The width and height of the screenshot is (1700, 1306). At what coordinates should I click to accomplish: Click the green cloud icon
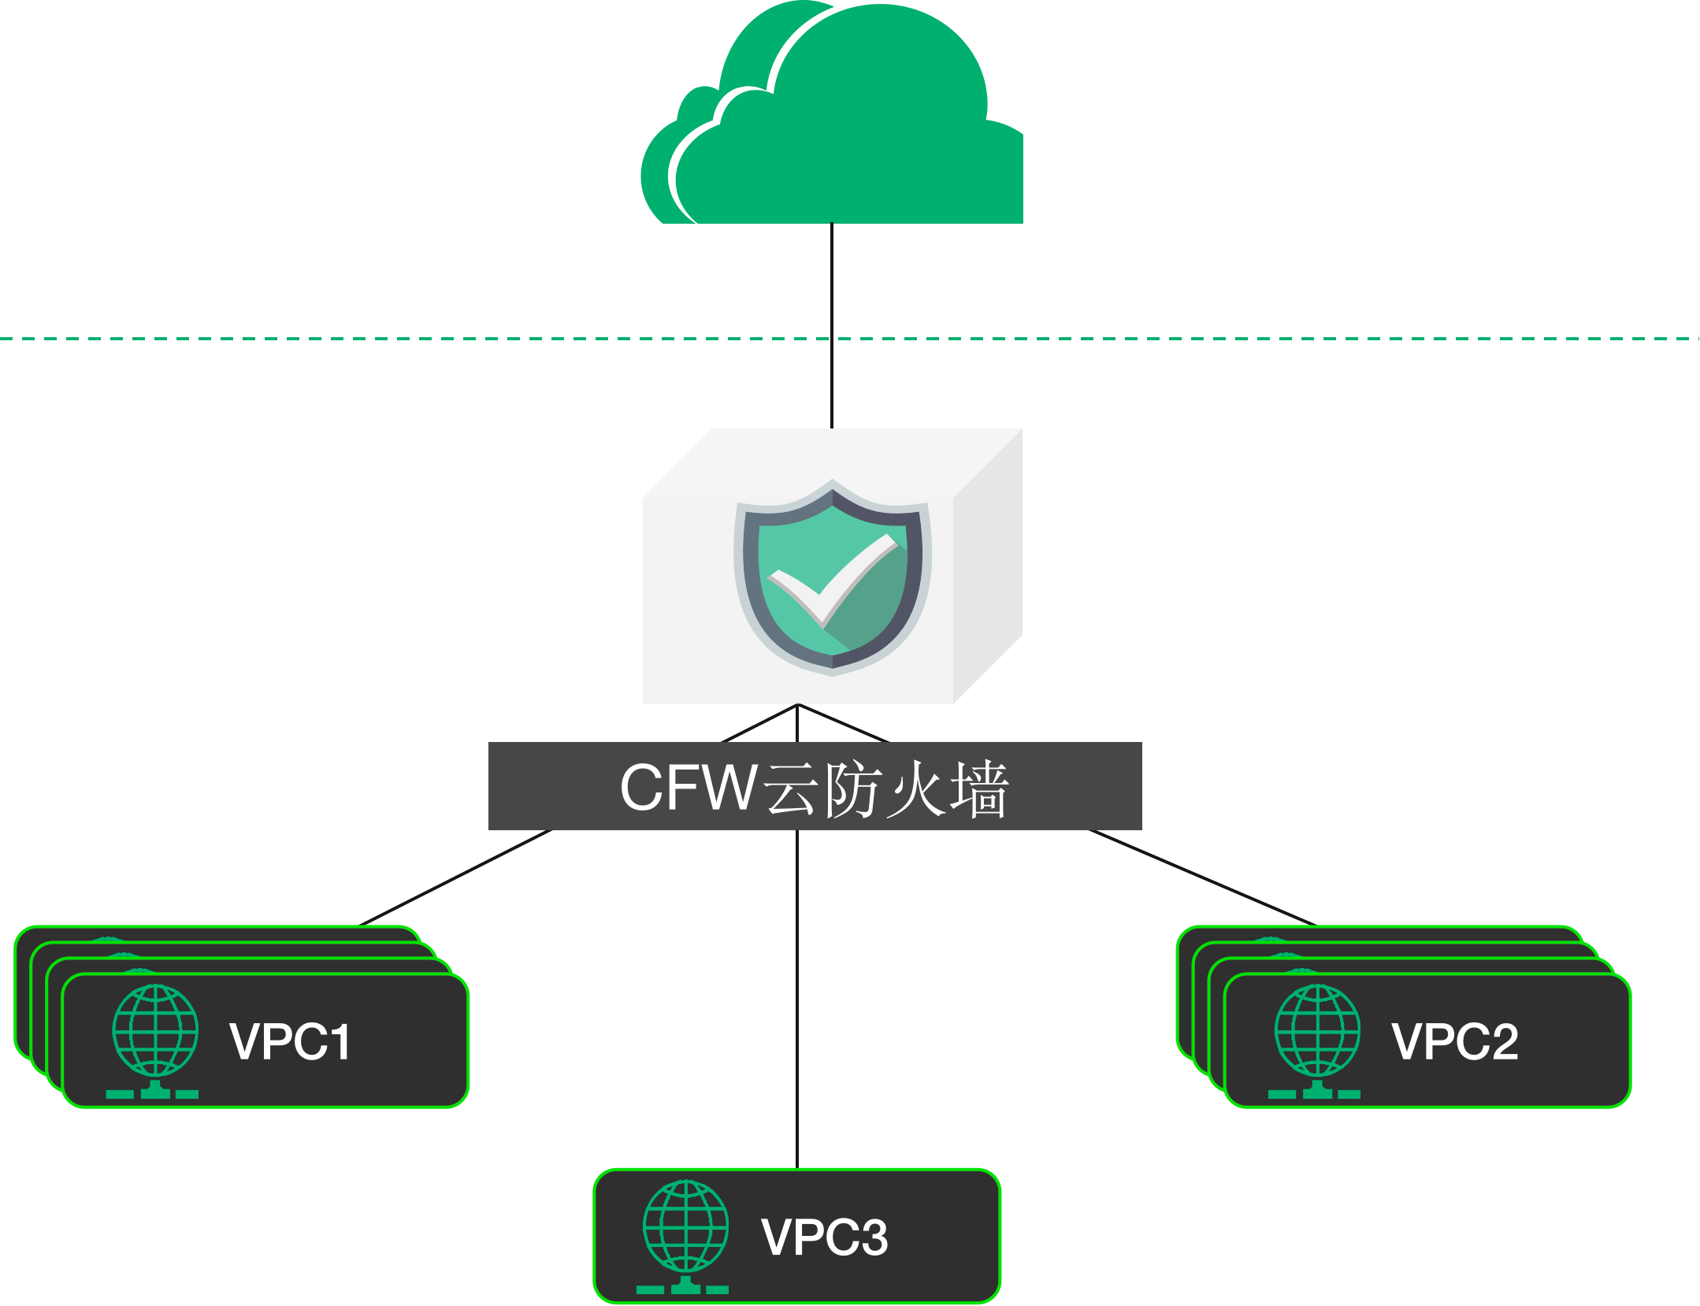tap(835, 126)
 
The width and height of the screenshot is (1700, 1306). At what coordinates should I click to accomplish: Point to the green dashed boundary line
tap(394, 339)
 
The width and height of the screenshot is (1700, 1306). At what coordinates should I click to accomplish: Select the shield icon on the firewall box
tap(833, 579)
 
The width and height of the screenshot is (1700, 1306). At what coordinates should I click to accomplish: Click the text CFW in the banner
tap(688, 787)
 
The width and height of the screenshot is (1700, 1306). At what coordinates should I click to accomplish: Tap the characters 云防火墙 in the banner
tap(887, 788)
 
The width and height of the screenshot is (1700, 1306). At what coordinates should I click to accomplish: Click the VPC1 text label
tap(290, 1041)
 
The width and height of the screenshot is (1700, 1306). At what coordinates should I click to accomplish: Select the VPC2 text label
tap(1454, 1041)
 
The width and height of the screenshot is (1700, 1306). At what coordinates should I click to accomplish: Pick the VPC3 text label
tap(824, 1237)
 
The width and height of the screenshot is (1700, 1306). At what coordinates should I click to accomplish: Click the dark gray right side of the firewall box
tap(988, 567)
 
